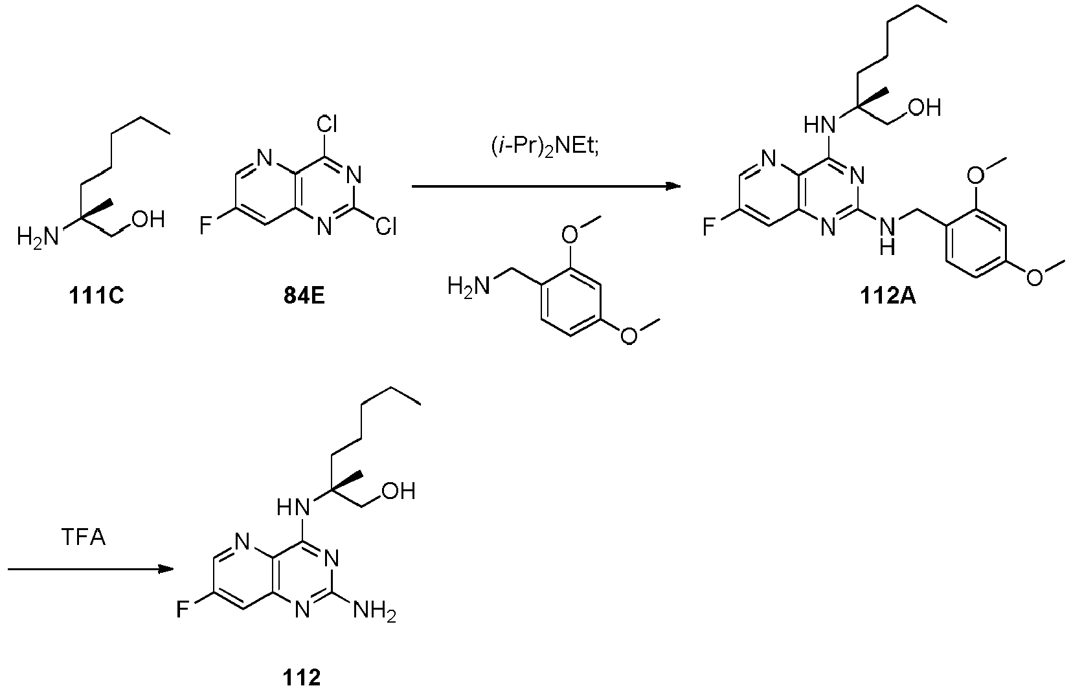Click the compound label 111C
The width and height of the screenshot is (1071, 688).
(x=96, y=296)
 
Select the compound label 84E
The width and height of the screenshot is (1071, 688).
(x=304, y=296)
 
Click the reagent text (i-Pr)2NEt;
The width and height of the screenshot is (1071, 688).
(x=545, y=148)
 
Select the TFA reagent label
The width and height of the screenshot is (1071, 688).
(x=83, y=537)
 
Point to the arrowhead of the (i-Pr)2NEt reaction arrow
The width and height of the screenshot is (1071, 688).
(x=673, y=186)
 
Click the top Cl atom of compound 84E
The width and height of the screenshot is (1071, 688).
(x=327, y=125)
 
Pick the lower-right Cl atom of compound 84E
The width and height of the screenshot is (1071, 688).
(x=385, y=227)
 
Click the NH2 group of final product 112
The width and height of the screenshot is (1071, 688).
(x=374, y=611)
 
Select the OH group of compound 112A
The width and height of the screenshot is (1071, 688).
(x=925, y=108)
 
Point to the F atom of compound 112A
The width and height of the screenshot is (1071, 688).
(x=708, y=227)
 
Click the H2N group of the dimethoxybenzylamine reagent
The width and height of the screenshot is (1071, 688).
(x=469, y=287)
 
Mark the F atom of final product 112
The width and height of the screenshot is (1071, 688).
(x=182, y=610)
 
